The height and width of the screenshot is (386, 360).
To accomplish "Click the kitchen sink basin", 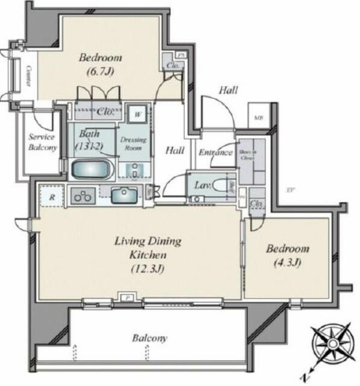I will [125, 196].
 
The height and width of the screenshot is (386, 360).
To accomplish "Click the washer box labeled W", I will [137, 113].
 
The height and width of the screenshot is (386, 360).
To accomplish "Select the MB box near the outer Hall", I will [258, 118].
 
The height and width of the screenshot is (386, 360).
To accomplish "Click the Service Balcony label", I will [43, 142].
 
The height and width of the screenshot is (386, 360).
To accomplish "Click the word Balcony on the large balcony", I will [150, 338].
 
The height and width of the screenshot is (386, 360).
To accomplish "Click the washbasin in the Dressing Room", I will [134, 169].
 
